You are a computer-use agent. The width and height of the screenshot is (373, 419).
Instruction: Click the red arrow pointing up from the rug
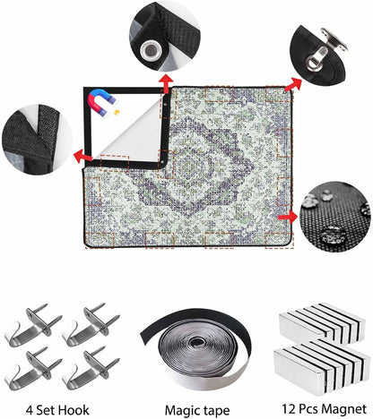click(x=166, y=83)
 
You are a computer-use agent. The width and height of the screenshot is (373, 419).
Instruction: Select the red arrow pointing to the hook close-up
click(x=293, y=84)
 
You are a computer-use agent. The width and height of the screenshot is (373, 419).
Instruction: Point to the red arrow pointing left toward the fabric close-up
click(x=83, y=156)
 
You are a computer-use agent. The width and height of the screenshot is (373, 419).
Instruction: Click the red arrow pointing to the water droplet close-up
click(x=288, y=217)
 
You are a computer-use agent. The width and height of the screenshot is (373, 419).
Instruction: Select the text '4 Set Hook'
click(x=57, y=410)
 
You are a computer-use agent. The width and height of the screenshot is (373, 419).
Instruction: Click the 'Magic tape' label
click(x=197, y=411)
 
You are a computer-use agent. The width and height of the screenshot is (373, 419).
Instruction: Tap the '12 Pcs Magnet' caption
click(x=324, y=409)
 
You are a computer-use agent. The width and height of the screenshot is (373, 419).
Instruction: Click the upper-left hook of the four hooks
click(x=33, y=325)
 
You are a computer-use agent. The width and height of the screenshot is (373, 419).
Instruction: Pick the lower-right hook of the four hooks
click(x=91, y=369)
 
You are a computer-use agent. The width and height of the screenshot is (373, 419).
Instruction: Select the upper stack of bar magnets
click(x=322, y=323)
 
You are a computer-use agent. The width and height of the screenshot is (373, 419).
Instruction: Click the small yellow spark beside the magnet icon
click(x=117, y=113)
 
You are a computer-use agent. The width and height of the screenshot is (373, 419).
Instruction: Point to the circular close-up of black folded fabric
click(x=37, y=140)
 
